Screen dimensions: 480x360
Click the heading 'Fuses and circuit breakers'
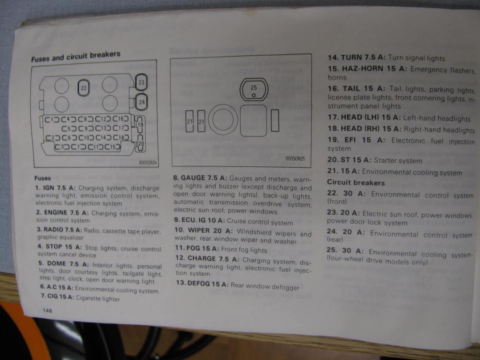(76, 56)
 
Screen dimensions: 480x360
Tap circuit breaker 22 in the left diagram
(84, 88)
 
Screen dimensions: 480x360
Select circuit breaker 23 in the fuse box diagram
(141, 82)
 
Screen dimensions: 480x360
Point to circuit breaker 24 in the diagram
(141, 102)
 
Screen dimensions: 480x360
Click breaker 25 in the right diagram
(254, 90)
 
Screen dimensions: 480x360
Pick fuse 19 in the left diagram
(140, 124)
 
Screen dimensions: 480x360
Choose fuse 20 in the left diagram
(140, 143)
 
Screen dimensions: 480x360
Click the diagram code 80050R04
(148, 162)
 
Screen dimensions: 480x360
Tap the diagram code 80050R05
(295, 158)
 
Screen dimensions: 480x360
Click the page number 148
(47, 310)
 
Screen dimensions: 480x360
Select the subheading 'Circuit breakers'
(356, 182)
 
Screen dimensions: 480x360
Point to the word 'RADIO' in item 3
(54, 229)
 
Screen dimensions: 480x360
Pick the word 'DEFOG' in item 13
(198, 283)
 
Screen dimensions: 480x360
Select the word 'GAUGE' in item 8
(193, 178)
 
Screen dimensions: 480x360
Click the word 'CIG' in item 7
(52, 296)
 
